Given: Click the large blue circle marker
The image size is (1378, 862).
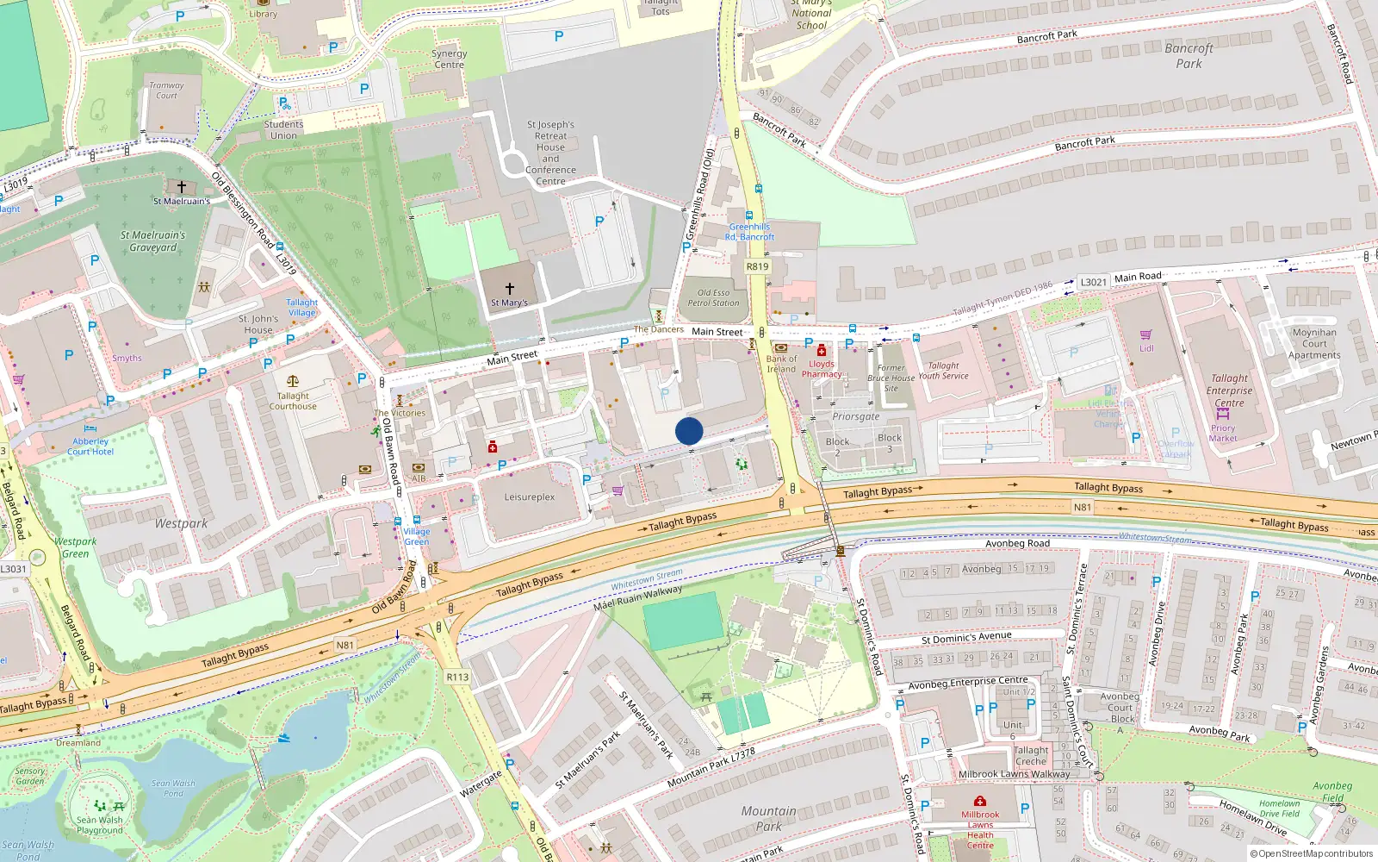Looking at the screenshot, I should (689, 431).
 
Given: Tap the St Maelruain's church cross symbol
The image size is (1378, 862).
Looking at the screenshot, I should (182, 187).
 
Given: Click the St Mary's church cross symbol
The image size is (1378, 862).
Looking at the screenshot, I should (510, 289).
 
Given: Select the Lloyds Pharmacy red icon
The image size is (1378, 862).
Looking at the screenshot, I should (822, 351).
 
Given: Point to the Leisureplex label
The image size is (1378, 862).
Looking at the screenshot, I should (530, 497).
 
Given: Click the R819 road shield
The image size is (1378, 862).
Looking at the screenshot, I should (757, 266).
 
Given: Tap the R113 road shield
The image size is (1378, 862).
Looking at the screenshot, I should (457, 677).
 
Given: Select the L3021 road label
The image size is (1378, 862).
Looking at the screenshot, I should (1094, 282).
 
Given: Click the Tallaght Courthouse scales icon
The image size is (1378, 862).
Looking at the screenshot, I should (293, 380).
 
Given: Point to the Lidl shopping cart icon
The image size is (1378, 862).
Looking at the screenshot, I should (1146, 335).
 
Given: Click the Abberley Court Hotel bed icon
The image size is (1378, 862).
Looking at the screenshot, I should (90, 428).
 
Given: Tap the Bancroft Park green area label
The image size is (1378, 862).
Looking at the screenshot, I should (1189, 56).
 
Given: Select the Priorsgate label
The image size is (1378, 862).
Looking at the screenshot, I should (856, 416).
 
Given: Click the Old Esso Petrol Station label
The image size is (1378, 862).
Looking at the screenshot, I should (713, 297).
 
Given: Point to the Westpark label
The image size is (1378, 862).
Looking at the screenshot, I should (181, 523).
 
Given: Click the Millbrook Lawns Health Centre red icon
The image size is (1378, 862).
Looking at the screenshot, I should (980, 801).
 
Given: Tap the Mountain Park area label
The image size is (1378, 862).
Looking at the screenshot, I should (768, 818).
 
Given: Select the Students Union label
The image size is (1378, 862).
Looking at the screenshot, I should (283, 130).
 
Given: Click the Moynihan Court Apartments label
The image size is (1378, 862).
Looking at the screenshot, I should (1314, 343).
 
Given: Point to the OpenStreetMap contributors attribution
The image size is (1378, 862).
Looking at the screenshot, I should (1311, 853).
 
